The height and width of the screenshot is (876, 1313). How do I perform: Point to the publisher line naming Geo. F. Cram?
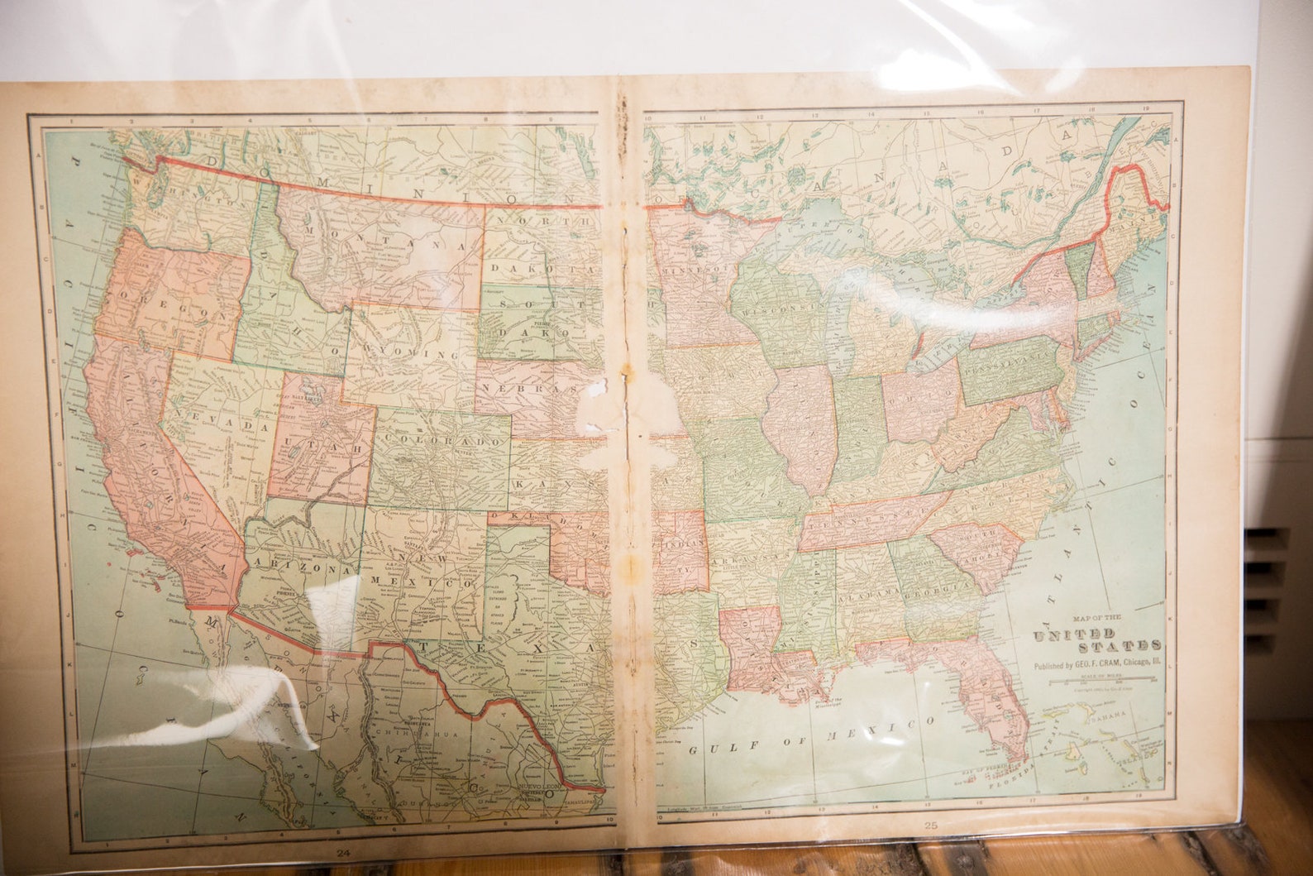(1096, 664)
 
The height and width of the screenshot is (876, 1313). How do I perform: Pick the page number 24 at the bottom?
(342, 853)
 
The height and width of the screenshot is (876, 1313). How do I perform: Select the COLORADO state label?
(442, 442)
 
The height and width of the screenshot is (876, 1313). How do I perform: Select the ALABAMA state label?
(868, 594)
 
